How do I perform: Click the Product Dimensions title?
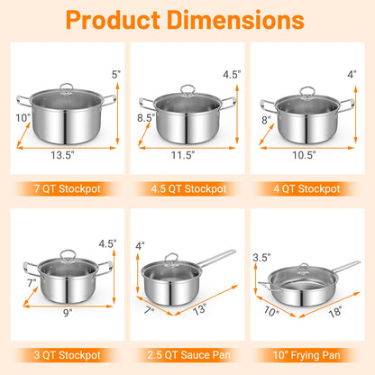(187, 20)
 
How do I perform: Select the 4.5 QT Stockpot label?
(187, 189)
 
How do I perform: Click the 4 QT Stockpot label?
(308, 189)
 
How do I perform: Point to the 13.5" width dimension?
(65, 153)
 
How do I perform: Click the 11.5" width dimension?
(187, 154)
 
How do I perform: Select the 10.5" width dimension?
(311, 154)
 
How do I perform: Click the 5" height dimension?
(114, 74)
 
